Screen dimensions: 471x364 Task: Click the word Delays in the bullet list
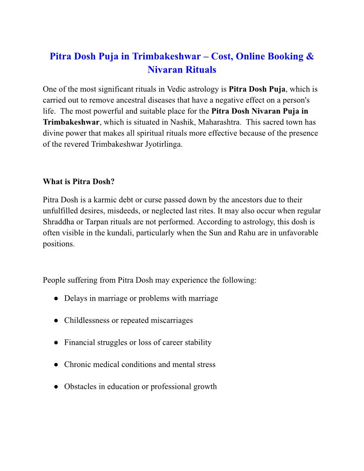(75, 298)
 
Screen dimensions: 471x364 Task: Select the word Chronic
(78, 364)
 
